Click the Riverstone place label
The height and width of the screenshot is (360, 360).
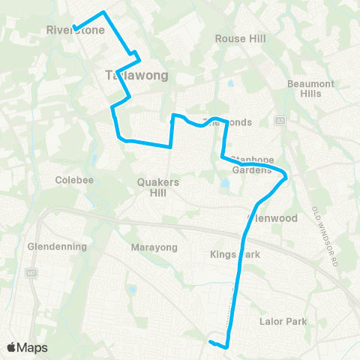coord(75,31)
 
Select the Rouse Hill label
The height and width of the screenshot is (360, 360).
coord(236,38)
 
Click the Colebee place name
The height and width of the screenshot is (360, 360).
coord(73,180)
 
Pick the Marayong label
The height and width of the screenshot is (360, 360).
coord(153,247)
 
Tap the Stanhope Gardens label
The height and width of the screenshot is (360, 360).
coord(252,164)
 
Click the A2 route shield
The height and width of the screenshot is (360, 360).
coord(280,120)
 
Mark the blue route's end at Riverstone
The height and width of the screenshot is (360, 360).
coord(75,28)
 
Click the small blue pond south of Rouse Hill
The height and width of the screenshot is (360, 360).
coord(229,83)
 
